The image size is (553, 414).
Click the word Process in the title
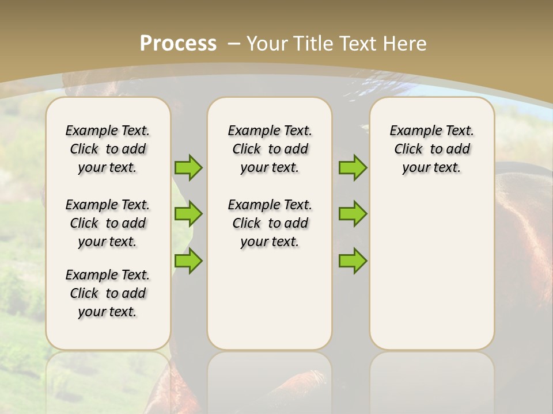pos(178,43)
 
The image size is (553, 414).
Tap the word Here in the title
pos(406,43)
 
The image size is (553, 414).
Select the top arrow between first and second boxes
pos(188,167)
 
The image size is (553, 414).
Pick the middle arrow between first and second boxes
pos(188,214)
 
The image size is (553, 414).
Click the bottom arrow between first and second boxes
pos(188,260)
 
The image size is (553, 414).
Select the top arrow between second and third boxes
pos(353,167)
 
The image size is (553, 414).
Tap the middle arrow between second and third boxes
pos(353,214)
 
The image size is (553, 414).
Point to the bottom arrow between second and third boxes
pos(353,260)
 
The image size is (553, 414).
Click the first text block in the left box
pos(108,149)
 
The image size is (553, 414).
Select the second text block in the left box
pos(108,223)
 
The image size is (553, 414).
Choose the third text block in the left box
pos(108,293)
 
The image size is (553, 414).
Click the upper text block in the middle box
pos(270,149)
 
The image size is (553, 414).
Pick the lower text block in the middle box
pos(270,223)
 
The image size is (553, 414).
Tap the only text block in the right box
pos(431,149)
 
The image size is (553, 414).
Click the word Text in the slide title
pos(359,43)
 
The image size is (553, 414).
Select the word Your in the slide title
pos(267,43)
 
